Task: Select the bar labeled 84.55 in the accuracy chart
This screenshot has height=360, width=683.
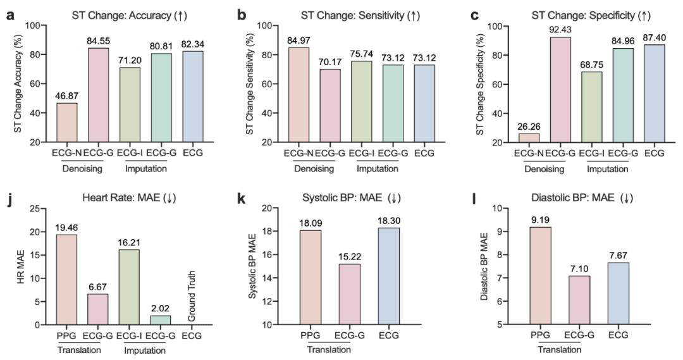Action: click(x=97, y=96)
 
